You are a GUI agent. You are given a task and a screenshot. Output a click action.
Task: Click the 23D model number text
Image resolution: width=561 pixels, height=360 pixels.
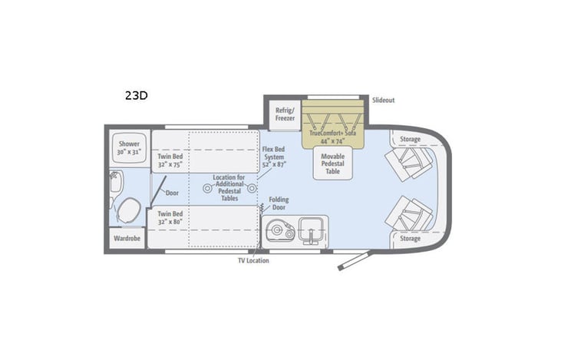137,96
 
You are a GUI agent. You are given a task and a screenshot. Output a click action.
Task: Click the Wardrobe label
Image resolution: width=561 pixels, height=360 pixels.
126,238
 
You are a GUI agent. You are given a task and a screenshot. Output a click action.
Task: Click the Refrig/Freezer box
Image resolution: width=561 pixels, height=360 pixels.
283,114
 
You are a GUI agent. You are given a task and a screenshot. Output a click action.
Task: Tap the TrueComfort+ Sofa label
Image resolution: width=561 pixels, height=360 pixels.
333,136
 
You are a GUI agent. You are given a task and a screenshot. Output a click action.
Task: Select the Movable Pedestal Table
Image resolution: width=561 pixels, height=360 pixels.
332,163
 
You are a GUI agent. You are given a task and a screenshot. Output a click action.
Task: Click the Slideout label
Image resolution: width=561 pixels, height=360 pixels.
383,101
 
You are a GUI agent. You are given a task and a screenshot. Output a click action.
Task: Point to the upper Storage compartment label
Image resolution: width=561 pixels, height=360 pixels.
410,139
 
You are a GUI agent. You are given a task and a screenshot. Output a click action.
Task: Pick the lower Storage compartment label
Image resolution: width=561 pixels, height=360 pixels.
410,239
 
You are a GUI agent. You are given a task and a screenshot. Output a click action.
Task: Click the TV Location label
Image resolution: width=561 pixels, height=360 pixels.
253,260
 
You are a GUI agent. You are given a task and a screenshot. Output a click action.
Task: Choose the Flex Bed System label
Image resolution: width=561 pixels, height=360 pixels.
273,157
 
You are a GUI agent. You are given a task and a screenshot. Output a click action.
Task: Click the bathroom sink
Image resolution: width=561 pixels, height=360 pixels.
115,182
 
